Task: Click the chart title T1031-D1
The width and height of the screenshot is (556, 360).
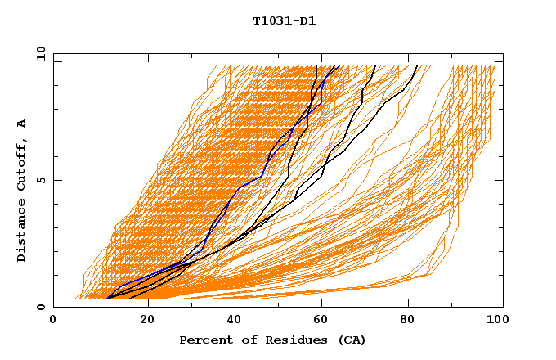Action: coord(284,20)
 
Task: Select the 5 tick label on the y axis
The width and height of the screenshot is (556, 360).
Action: coord(40,180)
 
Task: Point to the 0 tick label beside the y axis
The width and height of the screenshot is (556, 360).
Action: coord(40,307)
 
